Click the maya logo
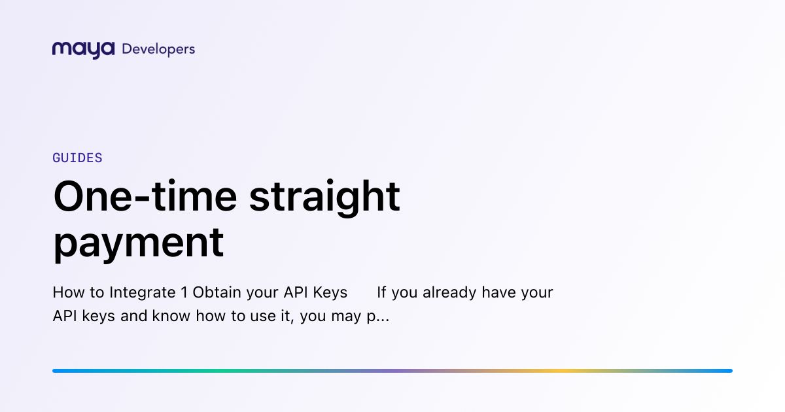click(84, 50)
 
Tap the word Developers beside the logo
click(158, 50)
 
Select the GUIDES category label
click(77, 158)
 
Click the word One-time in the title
click(145, 196)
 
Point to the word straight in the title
click(324, 198)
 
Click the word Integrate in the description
click(143, 293)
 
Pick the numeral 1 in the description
click(184, 292)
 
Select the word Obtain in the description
click(217, 292)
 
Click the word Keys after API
click(330, 293)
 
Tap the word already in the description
click(449, 293)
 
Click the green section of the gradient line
click(224, 371)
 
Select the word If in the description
click(381, 292)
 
